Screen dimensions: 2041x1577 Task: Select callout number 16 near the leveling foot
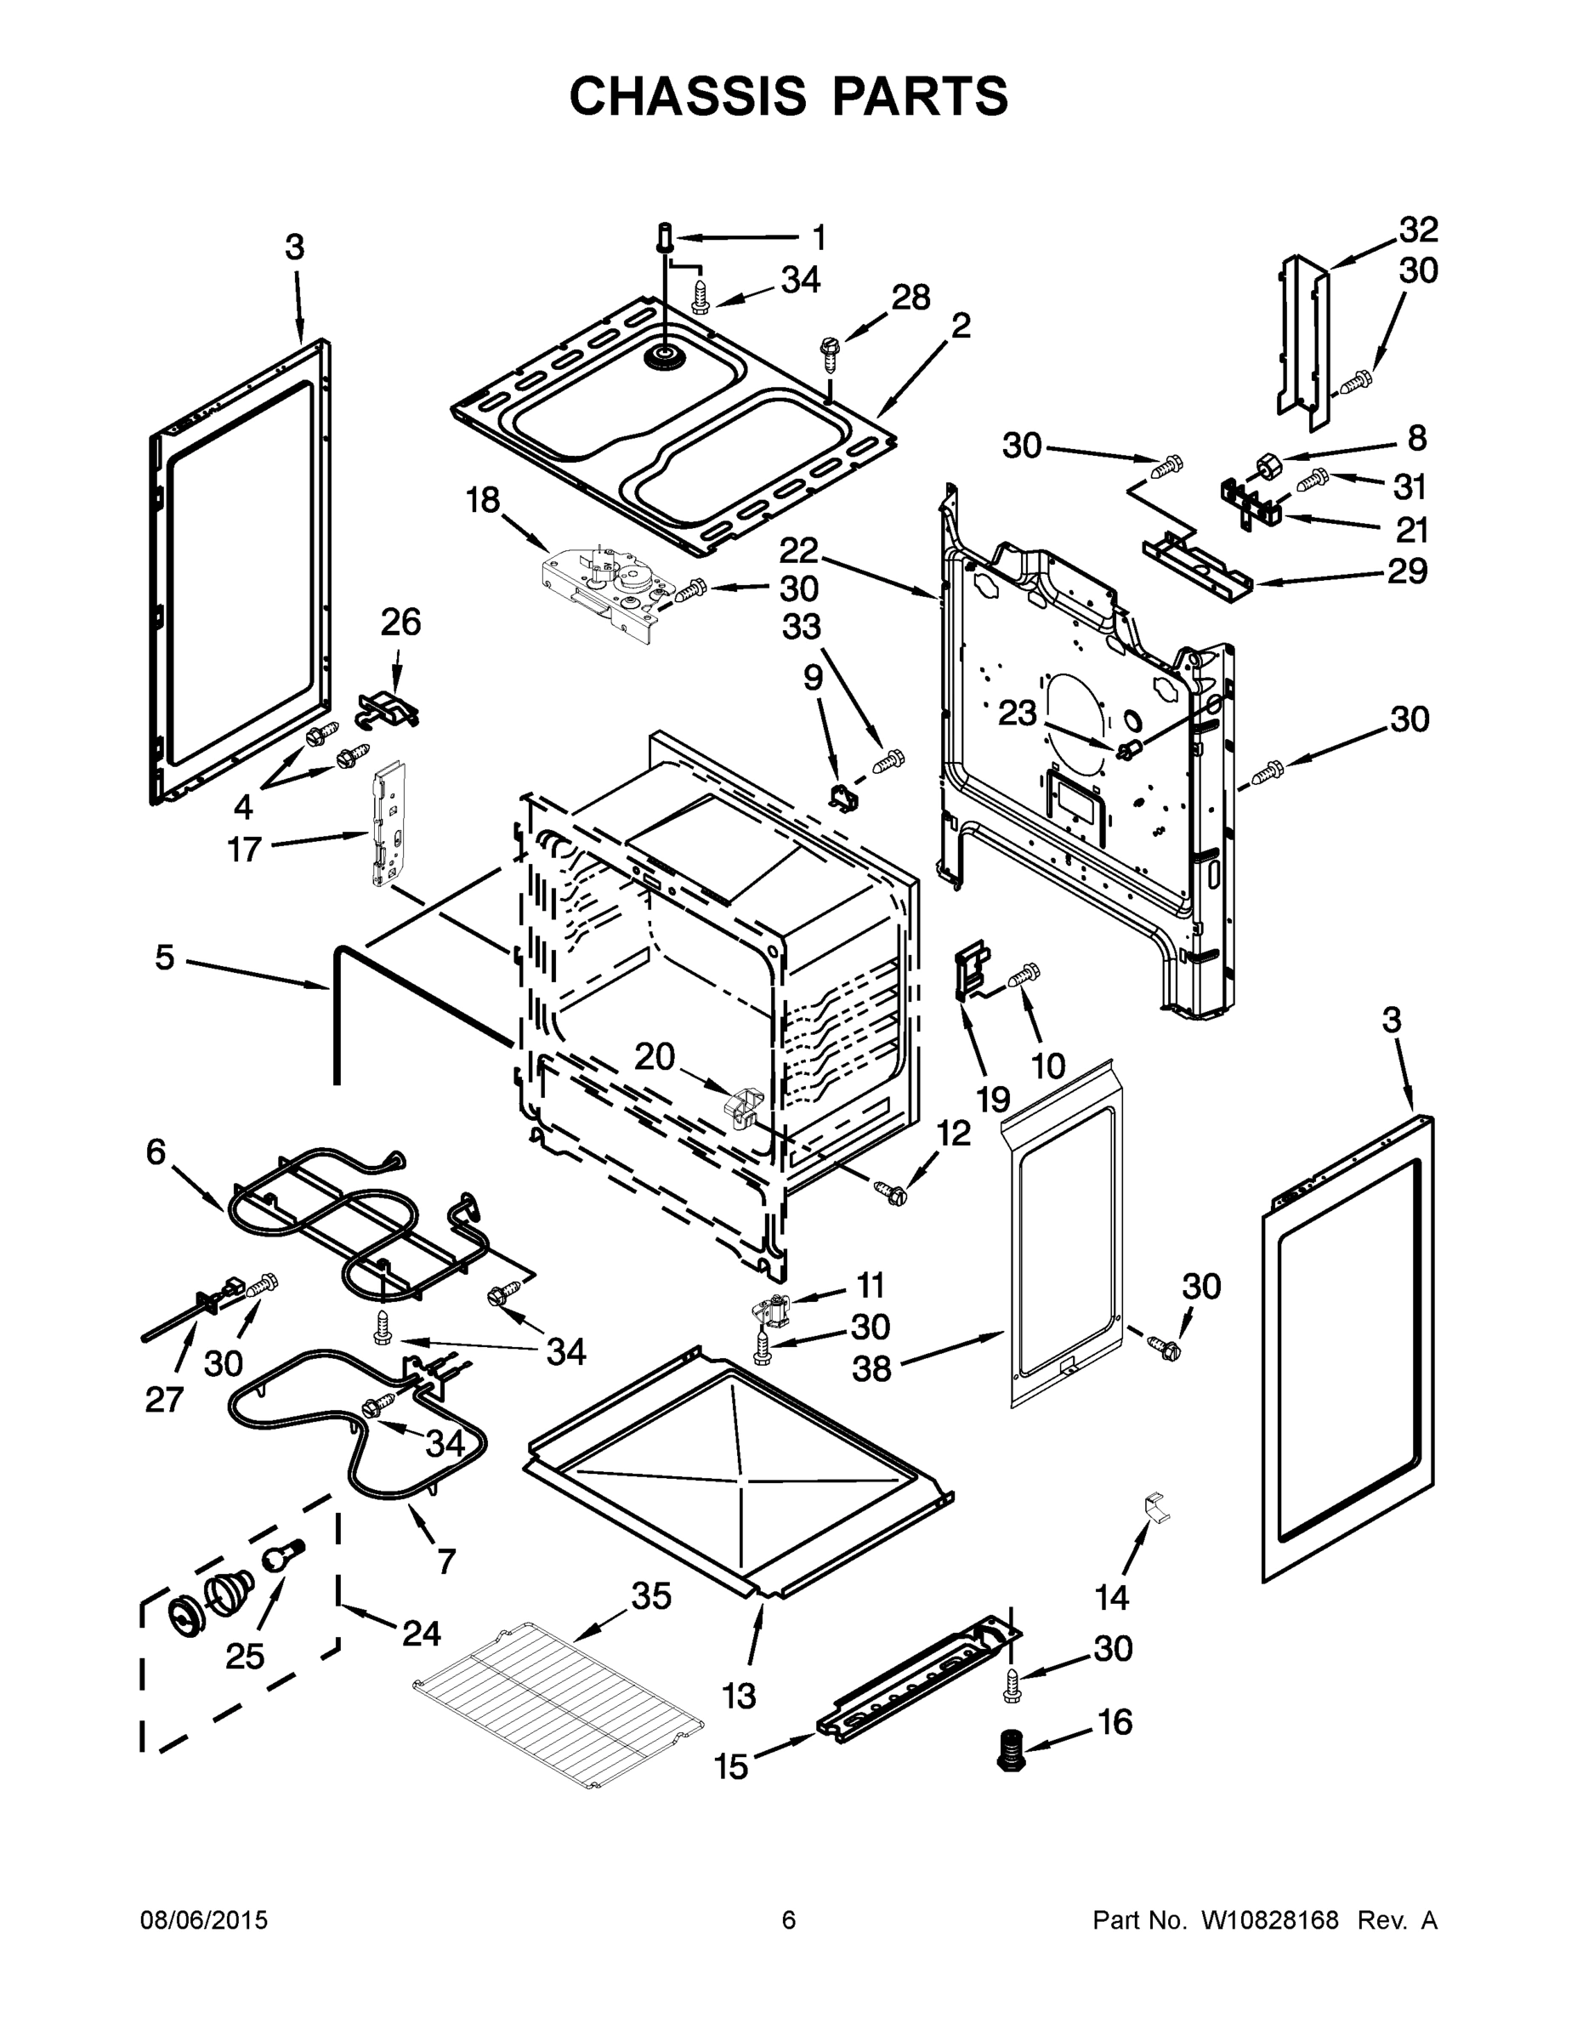[x=1115, y=1721]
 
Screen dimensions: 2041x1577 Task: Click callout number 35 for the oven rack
[x=651, y=1596]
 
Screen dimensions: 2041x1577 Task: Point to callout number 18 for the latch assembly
[x=483, y=502]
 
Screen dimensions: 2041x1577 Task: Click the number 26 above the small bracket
[x=400, y=622]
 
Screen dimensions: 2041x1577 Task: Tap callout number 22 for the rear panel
[x=800, y=550]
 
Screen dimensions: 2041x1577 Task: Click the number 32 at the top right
[x=1418, y=229]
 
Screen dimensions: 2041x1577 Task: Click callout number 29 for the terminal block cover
[x=1407, y=570]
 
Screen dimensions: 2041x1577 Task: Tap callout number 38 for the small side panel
[x=871, y=1369]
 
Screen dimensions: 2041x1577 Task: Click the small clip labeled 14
[x=1155, y=1504]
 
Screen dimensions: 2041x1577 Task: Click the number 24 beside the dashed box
[x=422, y=1634]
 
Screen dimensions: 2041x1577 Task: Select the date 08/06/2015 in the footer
[x=204, y=1920]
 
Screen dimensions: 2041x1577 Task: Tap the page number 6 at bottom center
[x=789, y=1920]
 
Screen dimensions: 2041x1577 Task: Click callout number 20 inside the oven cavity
[x=654, y=1056]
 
